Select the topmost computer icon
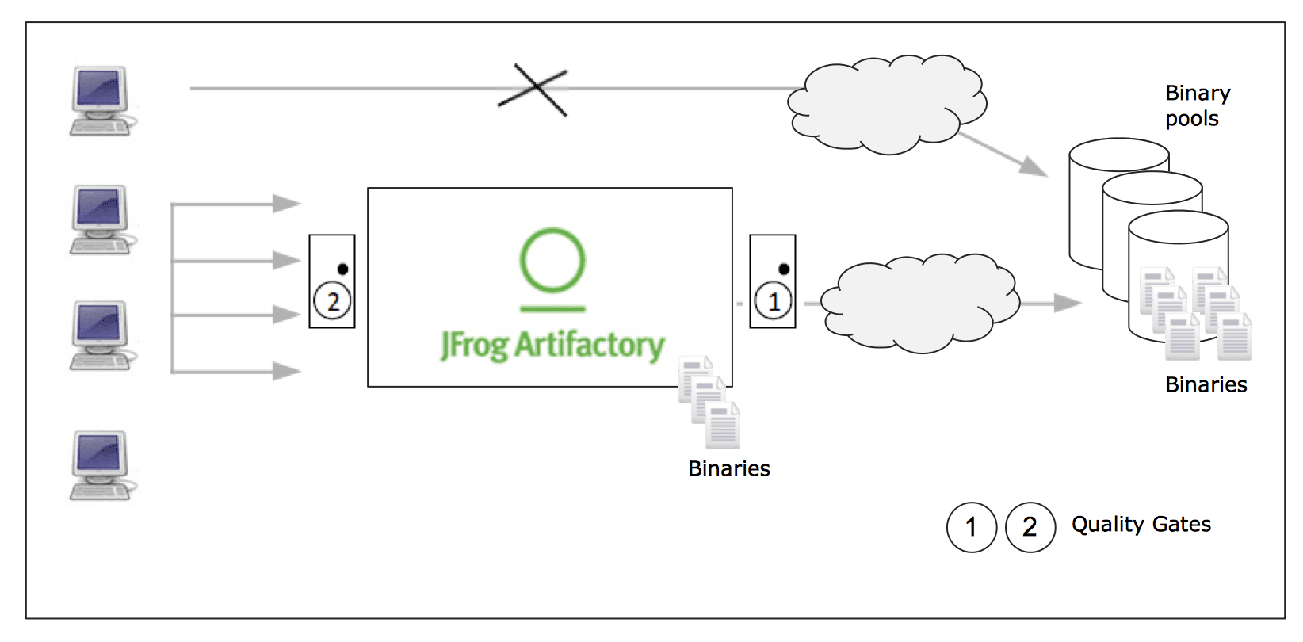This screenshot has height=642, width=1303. pyautogui.click(x=101, y=101)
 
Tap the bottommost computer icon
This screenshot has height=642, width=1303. pyautogui.click(x=101, y=466)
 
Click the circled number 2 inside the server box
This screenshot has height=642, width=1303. pyautogui.click(x=333, y=301)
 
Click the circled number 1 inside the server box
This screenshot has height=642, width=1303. pyautogui.click(x=774, y=301)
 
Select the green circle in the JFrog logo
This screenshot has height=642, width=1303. pyautogui.click(x=552, y=260)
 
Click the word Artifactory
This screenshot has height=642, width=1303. pyautogui.click(x=590, y=346)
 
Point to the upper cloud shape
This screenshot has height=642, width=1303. pyautogui.click(x=886, y=104)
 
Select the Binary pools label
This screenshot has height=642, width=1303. pyautogui.click(x=1197, y=105)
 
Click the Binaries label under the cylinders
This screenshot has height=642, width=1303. pyautogui.click(x=1206, y=385)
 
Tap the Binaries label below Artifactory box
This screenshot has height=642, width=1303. pyautogui.click(x=728, y=469)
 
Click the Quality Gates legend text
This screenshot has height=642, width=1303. pyautogui.click(x=1141, y=525)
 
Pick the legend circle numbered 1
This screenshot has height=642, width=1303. pyautogui.click(x=971, y=527)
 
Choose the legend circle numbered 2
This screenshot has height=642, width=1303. pyautogui.click(x=1030, y=527)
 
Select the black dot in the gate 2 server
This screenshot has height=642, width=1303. pyautogui.click(x=342, y=269)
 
